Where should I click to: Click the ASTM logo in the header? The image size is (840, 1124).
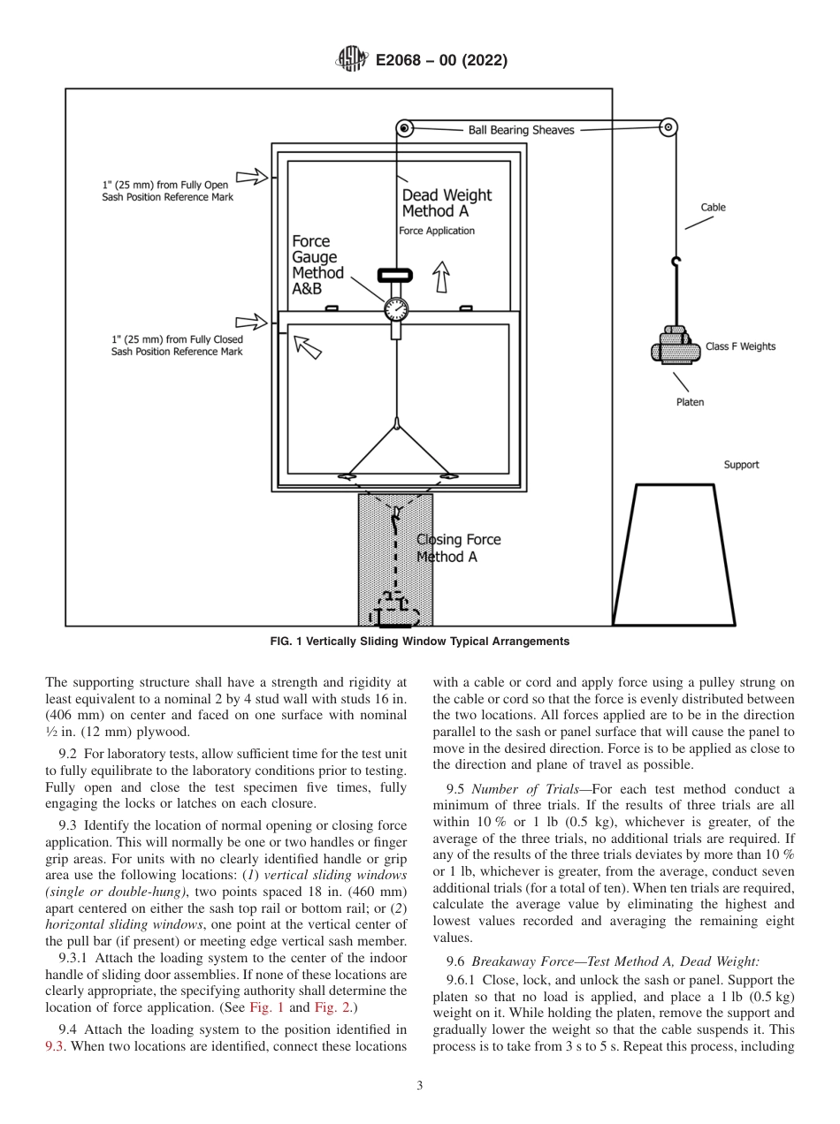click(353, 61)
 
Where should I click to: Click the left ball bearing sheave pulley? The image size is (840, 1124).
click(404, 129)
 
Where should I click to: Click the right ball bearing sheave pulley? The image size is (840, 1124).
click(668, 127)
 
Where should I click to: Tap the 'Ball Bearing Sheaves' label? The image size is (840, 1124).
click(521, 130)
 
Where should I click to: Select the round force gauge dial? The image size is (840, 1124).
click(396, 309)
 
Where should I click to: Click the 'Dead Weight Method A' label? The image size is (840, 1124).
click(447, 203)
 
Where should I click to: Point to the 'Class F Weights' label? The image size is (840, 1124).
click(740, 346)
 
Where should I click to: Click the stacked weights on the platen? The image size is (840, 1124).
click(676, 346)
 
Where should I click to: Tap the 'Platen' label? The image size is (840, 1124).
click(691, 403)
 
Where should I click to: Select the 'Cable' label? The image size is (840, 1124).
click(713, 208)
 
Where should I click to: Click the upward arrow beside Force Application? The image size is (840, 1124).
click(440, 279)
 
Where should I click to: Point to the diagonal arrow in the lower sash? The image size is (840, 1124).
click(308, 346)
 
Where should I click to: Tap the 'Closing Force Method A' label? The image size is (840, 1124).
click(458, 548)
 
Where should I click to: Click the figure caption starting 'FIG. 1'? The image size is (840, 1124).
click(419, 642)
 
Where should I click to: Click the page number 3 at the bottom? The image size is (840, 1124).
click(420, 1086)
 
